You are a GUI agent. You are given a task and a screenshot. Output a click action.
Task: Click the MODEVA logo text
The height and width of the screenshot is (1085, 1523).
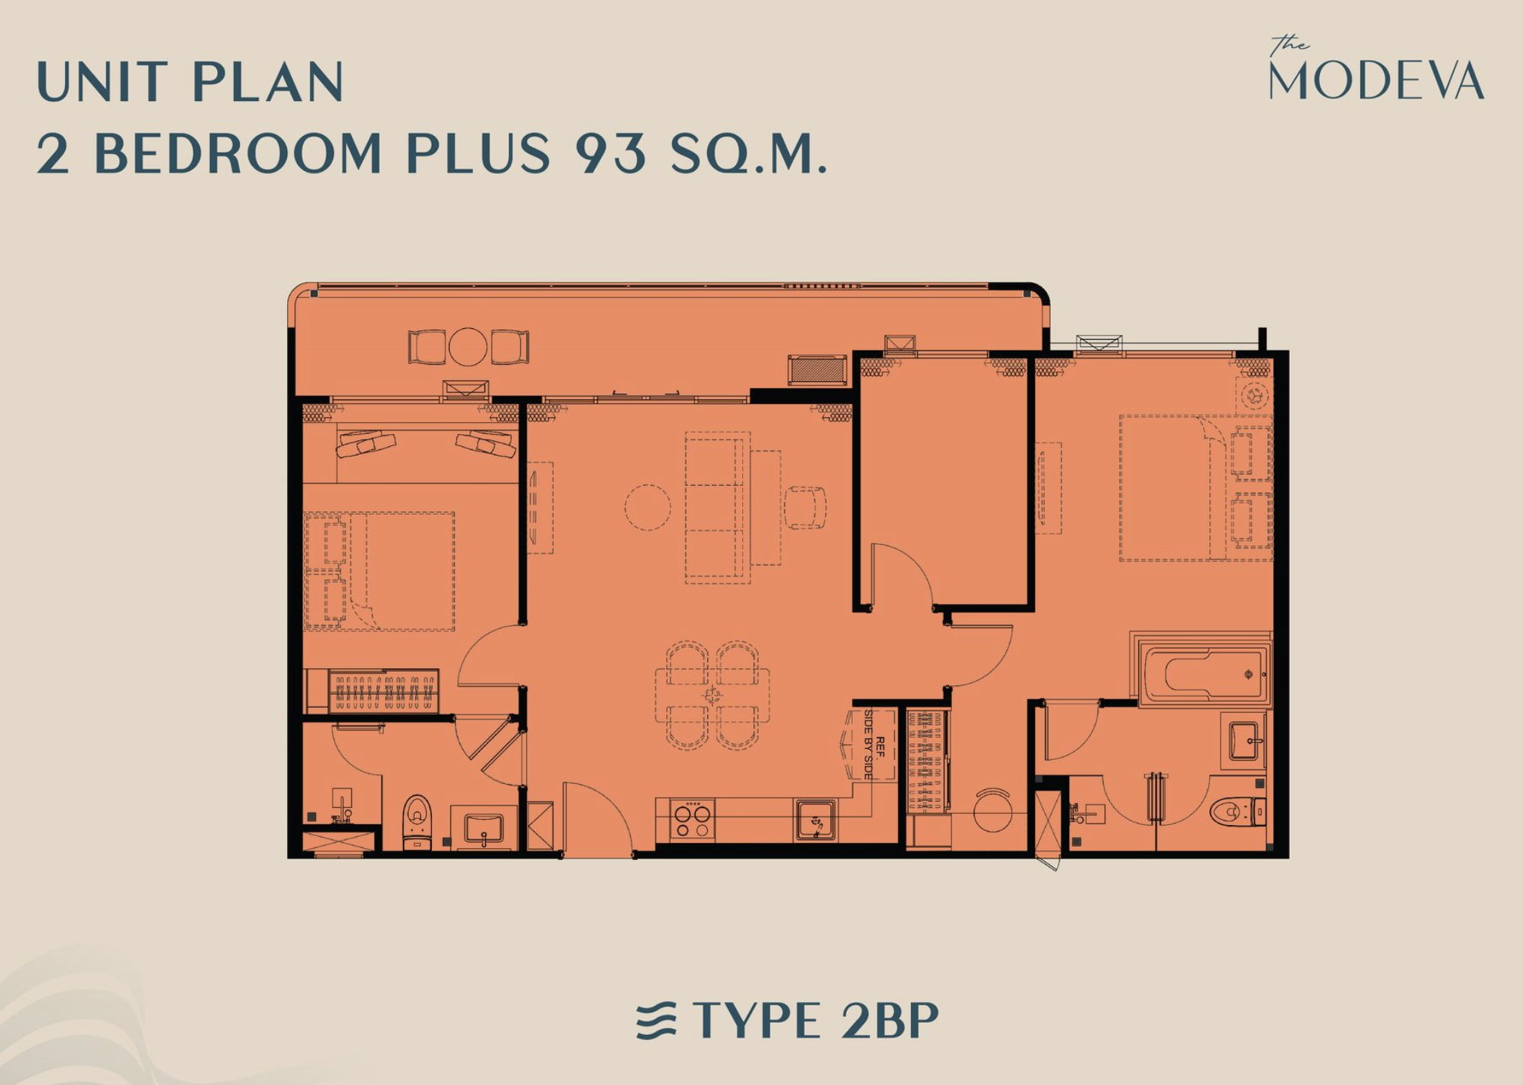coord(1377,79)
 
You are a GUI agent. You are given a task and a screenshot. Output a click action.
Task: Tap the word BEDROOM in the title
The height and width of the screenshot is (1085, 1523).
coord(238,153)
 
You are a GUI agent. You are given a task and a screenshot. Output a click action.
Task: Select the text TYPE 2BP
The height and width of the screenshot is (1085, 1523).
coord(815,1020)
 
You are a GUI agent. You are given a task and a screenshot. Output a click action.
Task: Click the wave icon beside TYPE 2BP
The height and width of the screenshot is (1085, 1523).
coord(656,1021)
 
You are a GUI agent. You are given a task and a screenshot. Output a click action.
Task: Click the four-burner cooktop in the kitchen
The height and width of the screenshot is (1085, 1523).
coord(692,820)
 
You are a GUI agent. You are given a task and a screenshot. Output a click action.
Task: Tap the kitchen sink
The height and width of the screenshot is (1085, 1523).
coord(815,820)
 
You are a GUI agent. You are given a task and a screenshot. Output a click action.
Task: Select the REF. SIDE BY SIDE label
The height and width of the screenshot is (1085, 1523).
coord(874,745)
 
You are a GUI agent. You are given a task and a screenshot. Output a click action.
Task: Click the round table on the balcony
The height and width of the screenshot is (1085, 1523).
coord(468,347)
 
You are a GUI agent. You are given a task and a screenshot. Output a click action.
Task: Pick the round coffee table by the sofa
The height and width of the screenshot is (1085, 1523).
coord(648,507)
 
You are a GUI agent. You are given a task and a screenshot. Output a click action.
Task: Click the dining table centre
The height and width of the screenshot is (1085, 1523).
coord(712,696)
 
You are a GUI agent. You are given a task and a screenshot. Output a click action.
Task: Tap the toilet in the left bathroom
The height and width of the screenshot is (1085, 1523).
coord(417,822)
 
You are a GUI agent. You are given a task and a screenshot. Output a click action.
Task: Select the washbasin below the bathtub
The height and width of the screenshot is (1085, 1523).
coord(1244,741)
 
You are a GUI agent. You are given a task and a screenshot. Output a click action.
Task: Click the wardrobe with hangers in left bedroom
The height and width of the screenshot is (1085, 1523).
coord(383,690)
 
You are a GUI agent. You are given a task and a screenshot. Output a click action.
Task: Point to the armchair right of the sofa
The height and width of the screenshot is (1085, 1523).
coord(805,507)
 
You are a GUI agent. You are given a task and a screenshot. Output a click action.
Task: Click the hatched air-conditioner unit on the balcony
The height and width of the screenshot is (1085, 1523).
coord(818,370)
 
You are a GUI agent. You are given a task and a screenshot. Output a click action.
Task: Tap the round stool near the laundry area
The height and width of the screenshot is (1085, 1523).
coord(993,810)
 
